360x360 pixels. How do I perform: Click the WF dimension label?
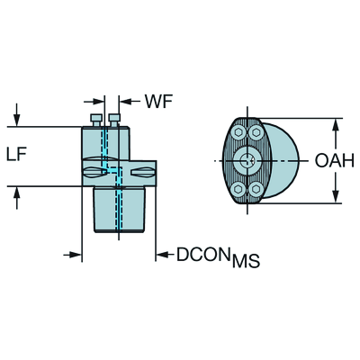point(158,102)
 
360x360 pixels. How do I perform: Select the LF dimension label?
point(16,155)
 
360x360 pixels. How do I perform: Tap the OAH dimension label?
point(335,161)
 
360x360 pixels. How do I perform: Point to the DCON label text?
point(202,255)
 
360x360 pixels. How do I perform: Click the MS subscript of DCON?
point(247,260)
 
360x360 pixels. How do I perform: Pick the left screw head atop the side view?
point(96,120)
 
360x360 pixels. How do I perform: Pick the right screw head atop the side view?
point(114,120)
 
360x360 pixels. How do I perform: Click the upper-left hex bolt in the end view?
point(238,132)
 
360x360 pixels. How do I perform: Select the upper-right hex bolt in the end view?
point(256,132)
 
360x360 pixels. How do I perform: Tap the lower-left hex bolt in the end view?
point(238,189)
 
